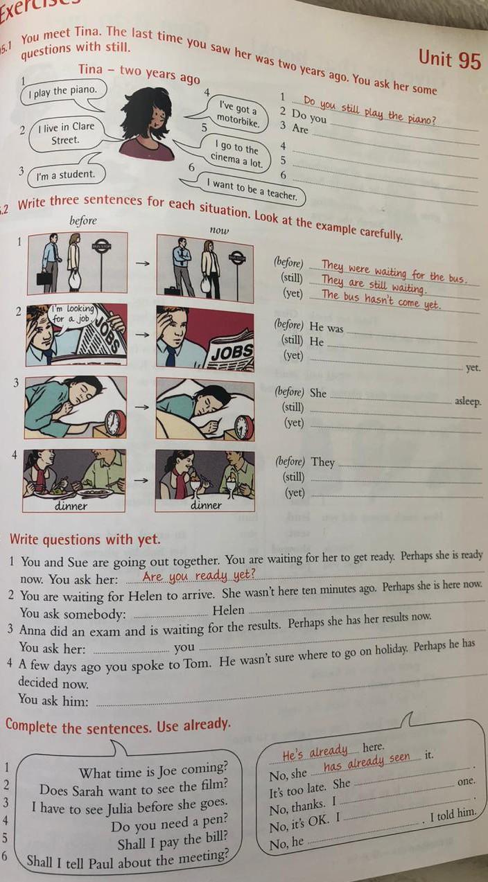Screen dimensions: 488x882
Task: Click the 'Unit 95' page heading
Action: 449,60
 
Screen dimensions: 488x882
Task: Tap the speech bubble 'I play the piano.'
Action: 63,92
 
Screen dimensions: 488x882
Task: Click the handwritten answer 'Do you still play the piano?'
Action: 369,111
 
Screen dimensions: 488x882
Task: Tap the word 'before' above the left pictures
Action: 82,221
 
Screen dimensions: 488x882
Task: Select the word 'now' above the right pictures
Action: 219,230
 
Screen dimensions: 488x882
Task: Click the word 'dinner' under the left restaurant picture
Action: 71,506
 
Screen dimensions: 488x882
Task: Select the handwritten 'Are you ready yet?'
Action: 199,576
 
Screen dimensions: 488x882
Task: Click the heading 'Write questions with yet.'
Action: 85,539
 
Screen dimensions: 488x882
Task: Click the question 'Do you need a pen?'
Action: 169,824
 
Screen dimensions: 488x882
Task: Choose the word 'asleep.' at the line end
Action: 467,402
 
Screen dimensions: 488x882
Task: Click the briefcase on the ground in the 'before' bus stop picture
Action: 43,278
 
